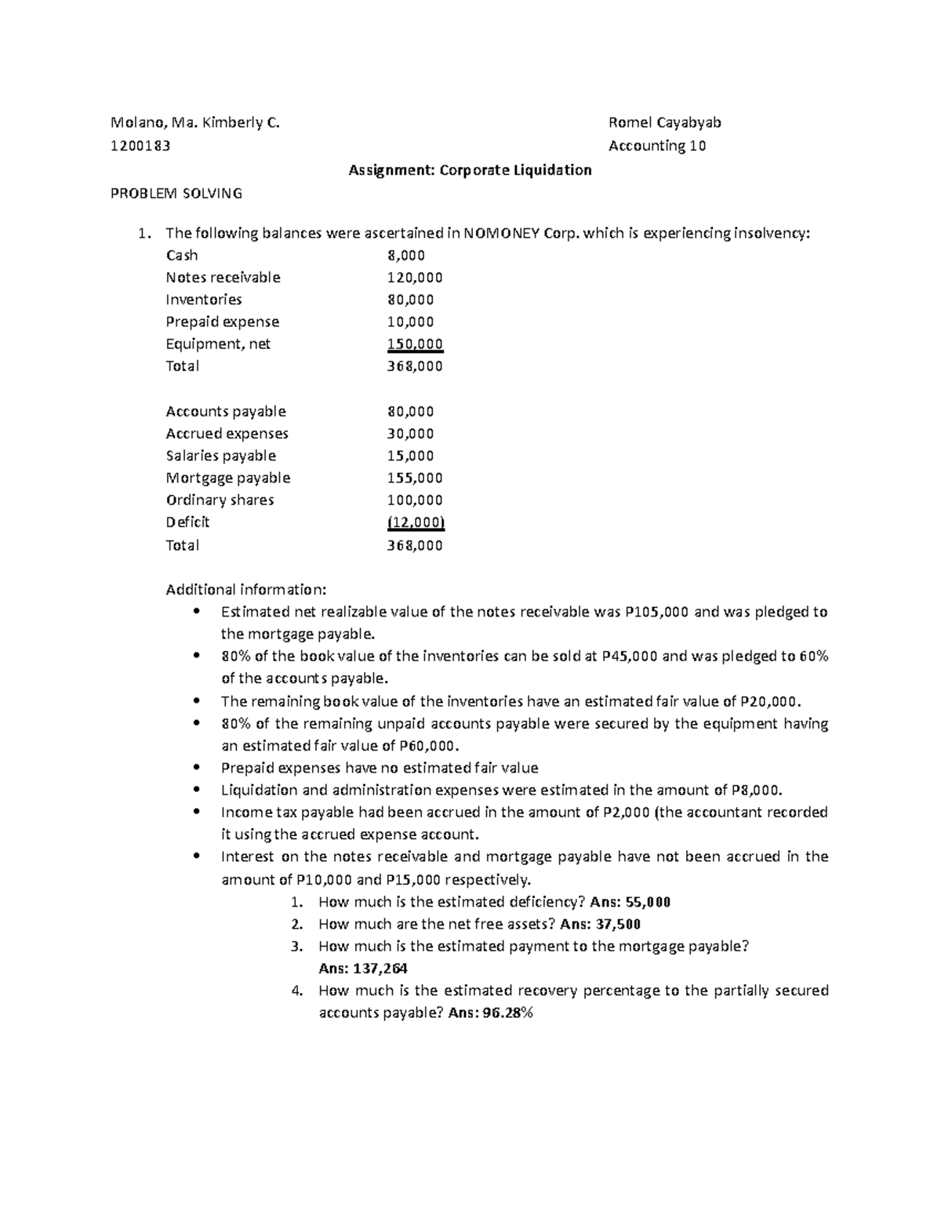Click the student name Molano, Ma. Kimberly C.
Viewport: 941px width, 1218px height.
[194, 122]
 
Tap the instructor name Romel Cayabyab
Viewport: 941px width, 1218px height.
[665, 122]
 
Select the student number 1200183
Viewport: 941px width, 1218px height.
[141, 145]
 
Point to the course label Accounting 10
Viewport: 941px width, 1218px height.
[657, 145]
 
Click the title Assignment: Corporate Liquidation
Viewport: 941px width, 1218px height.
[470, 169]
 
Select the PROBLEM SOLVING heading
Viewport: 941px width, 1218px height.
[176, 193]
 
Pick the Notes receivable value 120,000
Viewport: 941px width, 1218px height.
[415, 277]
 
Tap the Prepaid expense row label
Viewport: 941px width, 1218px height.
[222, 322]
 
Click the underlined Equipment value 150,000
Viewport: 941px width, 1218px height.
[415, 344]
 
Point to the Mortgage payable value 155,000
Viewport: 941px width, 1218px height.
[415, 478]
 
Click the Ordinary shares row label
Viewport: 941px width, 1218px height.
[220, 500]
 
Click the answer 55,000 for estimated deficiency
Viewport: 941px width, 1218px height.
[643, 902]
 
